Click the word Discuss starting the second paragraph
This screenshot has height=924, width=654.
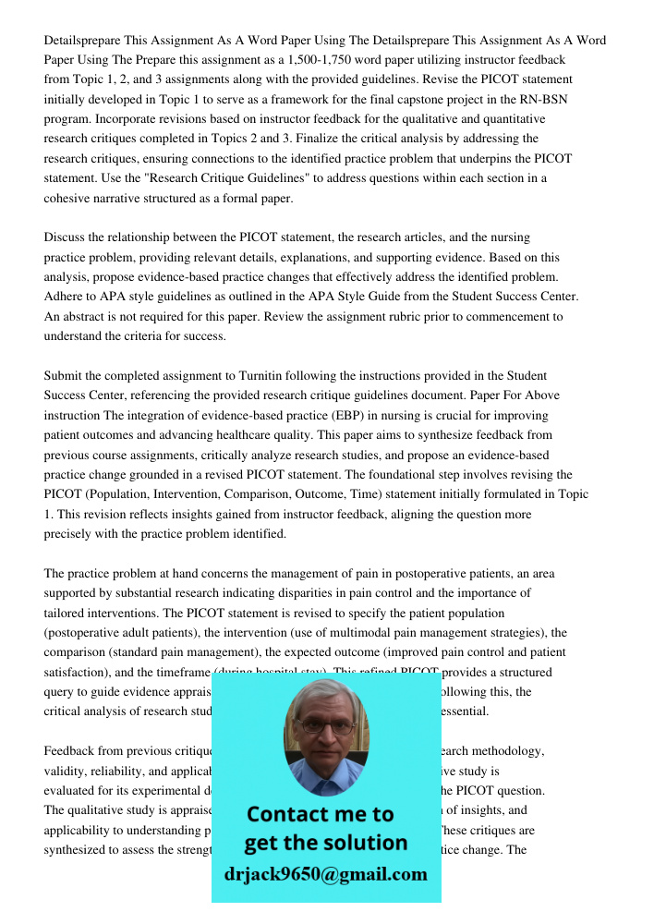click(67, 237)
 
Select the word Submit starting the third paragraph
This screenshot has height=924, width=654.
click(66, 376)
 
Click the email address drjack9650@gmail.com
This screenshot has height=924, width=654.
click(326, 874)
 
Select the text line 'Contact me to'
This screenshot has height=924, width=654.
click(321, 814)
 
